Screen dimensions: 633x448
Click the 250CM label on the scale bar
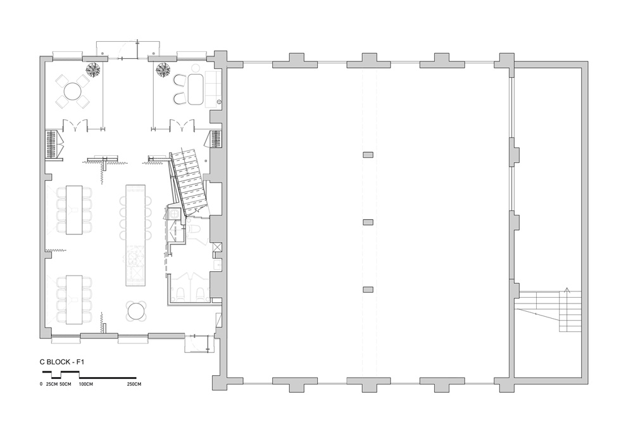134,384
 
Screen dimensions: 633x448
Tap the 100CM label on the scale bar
86,384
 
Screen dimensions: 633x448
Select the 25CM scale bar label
52,384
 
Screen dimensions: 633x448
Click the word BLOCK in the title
59,362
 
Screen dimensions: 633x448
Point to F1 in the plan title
80,362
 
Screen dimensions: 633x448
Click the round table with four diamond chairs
73,91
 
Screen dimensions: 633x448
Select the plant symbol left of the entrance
93,70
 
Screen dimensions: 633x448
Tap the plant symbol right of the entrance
163,70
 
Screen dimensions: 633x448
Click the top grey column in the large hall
368,155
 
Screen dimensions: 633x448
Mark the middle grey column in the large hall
368,222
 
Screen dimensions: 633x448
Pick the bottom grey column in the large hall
368,289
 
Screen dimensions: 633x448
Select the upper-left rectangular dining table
74,209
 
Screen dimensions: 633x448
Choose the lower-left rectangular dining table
74,299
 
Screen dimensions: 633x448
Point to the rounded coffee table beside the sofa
196,89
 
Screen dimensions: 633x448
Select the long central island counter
135,236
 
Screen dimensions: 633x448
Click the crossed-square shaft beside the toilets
217,247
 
